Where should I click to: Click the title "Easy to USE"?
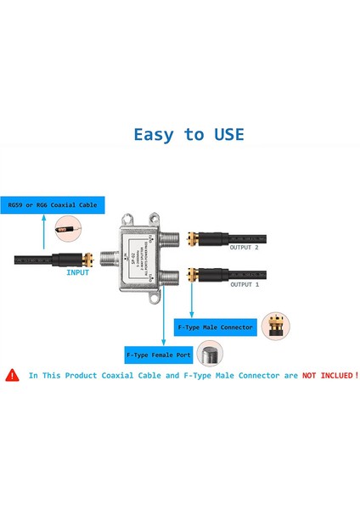[x=188, y=134]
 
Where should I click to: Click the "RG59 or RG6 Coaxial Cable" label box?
[x=53, y=204]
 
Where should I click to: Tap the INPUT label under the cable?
[x=78, y=272]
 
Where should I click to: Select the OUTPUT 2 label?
[x=247, y=247]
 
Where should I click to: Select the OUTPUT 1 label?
[x=247, y=284]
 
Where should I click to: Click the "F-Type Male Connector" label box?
[x=215, y=326]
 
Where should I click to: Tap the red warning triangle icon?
[x=12, y=374]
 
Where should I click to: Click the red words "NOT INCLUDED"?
[x=326, y=374]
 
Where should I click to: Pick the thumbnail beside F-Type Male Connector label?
[x=275, y=325]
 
